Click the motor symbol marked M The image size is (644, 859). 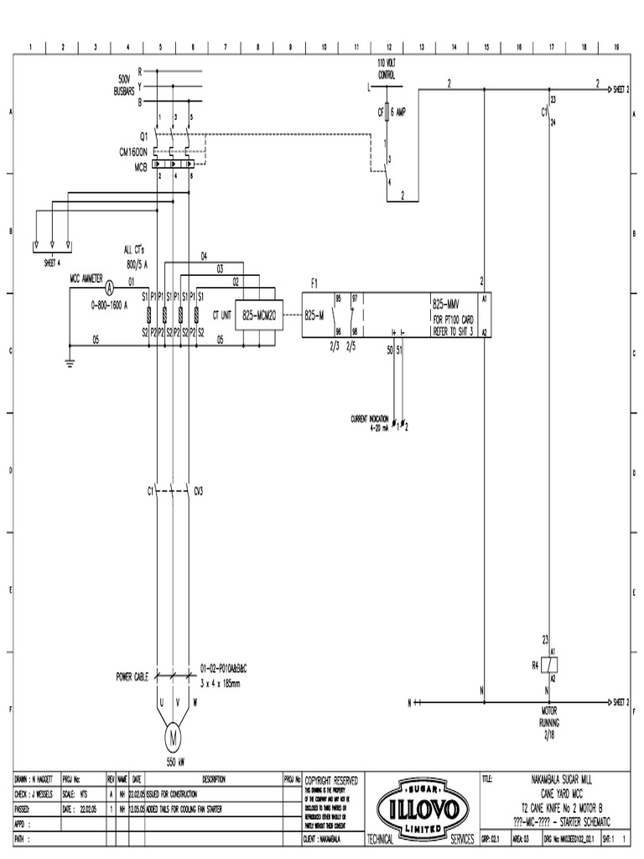point(173,737)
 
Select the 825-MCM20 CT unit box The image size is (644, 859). point(258,315)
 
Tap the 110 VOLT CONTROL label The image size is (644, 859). point(387,70)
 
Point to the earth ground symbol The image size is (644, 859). point(69,362)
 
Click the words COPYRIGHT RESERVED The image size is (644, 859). point(331,780)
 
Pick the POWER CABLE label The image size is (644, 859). point(132,676)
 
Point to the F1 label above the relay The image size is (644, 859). point(314,284)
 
